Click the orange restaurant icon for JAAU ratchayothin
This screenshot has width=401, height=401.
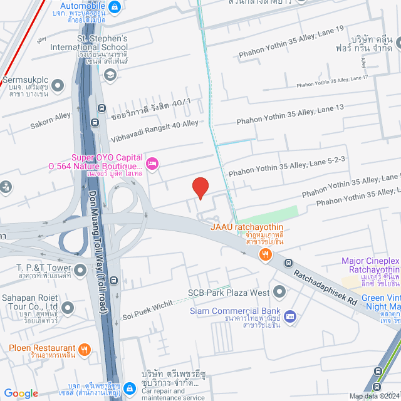pyautogui.click(x=266, y=254)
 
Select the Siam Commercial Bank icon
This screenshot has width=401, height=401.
pyautogui.click(x=289, y=316)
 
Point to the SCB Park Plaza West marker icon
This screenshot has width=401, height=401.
pyautogui.click(x=279, y=292)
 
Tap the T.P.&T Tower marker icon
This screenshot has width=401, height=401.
pyautogui.click(x=80, y=270)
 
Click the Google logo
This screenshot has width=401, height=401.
pyautogui.click(x=21, y=393)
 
